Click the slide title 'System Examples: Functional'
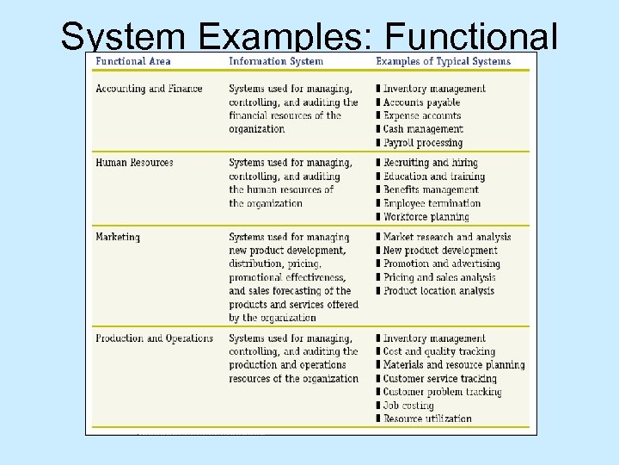309,35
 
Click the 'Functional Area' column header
133,61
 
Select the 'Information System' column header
276,61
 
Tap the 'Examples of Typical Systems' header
443,61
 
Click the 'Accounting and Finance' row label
149,89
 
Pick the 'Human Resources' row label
134,163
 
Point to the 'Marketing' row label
118,237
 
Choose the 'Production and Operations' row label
154,338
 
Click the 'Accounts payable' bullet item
422,102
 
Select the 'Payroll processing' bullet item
423,143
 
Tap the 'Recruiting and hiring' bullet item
430,163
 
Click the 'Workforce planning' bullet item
426,217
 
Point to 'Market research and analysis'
447,237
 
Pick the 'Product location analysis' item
438,291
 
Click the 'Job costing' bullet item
408,406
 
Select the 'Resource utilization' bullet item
427,418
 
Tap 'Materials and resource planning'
453,365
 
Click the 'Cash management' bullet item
423,129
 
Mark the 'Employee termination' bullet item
432,203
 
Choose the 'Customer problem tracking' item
444,392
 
